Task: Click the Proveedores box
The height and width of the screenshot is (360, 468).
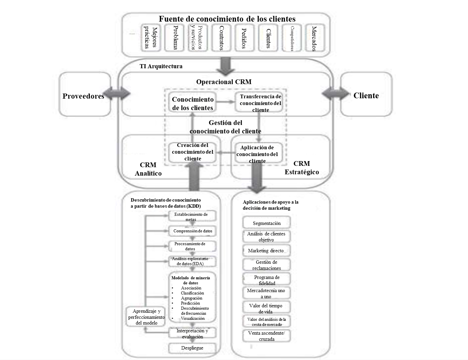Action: [x=85, y=95]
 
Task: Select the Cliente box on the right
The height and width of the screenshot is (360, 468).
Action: [x=366, y=95]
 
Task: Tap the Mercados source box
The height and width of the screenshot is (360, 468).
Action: [x=314, y=38]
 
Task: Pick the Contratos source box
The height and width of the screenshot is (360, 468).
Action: [x=221, y=38]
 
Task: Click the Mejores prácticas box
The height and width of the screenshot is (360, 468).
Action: [x=151, y=38]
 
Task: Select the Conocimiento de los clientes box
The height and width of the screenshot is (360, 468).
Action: [x=192, y=103]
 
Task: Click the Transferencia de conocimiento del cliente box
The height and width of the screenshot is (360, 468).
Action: [x=260, y=103]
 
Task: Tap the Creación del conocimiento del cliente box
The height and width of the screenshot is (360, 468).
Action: [x=192, y=152]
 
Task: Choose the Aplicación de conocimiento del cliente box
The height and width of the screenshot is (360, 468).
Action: [x=258, y=154]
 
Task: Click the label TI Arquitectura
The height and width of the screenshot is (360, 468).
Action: [x=161, y=66]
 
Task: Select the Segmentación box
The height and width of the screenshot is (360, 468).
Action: [x=266, y=223]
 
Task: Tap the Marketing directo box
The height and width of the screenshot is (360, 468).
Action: [x=266, y=251]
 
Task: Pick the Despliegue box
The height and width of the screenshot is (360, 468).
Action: [x=192, y=348]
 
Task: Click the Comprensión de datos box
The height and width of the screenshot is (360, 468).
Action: [x=192, y=231]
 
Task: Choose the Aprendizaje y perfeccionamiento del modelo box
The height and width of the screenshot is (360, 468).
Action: [x=146, y=317]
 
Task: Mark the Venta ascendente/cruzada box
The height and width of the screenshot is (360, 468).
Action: [x=266, y=336]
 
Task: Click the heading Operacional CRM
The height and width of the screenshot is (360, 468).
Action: [x=224, y=82]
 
